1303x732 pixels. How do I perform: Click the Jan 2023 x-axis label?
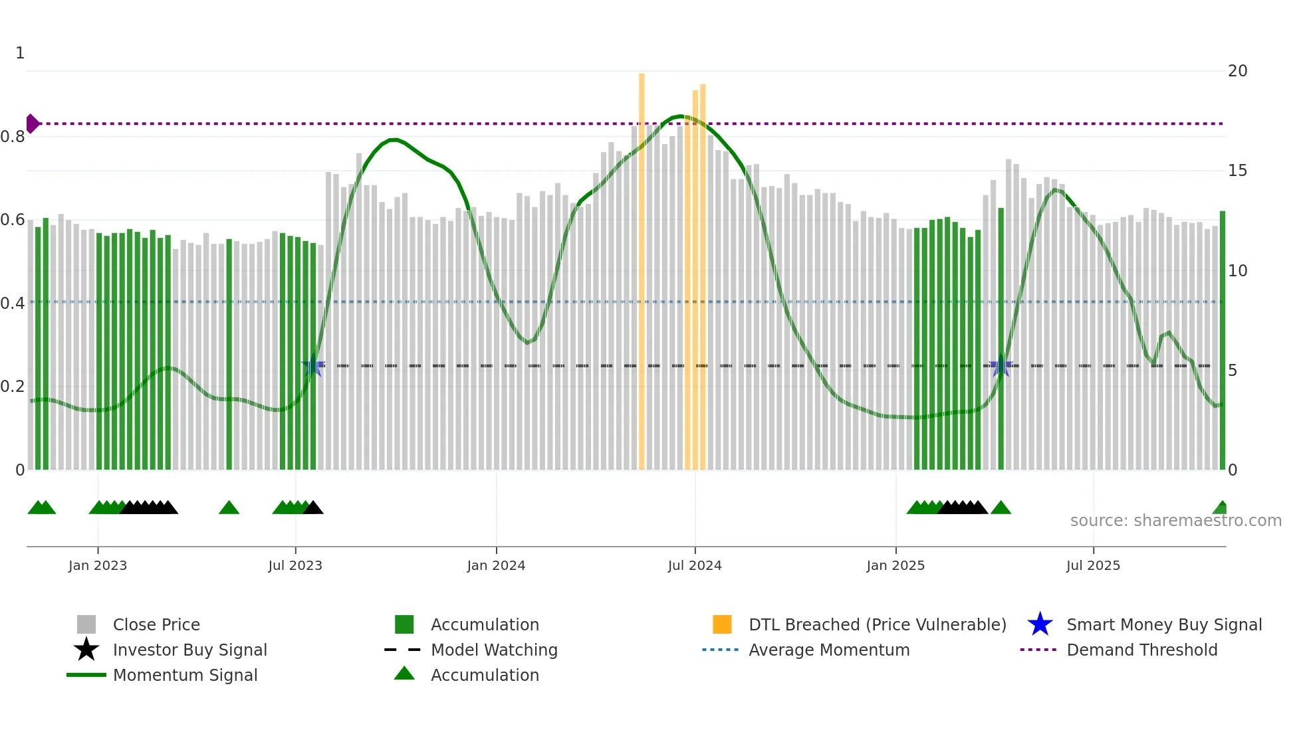coord(98,565)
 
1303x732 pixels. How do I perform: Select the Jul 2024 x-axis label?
coord(695,565)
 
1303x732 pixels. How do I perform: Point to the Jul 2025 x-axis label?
coord(1093,565)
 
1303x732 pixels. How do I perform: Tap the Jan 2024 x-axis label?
coord(496,565)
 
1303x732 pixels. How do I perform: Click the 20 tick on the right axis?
coord(1237,71)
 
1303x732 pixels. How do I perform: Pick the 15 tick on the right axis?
coord(1237,171)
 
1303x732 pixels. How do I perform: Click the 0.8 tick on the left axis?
coord(13,137)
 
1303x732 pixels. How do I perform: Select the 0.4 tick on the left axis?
coord(13,304)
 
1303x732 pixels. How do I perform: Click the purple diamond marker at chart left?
coord(32,124)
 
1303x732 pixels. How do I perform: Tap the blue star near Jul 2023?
coord(312,366)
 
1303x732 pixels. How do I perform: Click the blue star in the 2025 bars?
coord(1001,366)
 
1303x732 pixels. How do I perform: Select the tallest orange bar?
coord(642,266)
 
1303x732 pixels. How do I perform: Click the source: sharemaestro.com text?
coord(1175,521)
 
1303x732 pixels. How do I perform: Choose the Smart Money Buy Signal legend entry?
coord(1163,624)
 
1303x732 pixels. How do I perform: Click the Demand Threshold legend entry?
coord(1141,650)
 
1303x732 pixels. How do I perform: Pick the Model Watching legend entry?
coord(493,650)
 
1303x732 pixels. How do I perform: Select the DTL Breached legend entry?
coord(877,624)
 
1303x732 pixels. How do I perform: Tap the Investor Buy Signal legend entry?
coord(189,650)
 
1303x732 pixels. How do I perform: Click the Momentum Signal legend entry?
coord(185,675)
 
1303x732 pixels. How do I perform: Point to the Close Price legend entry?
coord(156,624)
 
